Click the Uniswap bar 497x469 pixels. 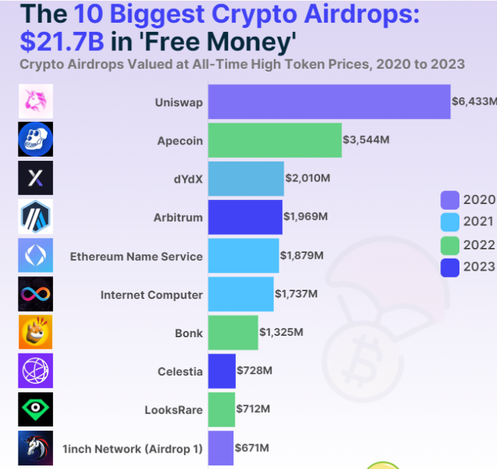click(329, 102)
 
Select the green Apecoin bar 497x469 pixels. click(274, 140)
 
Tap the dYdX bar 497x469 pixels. click(245, 179)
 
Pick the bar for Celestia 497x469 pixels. click(222, 371)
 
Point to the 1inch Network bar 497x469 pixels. click(220, 448)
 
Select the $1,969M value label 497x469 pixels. click(305, 217)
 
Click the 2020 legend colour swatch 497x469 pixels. click(450, 200)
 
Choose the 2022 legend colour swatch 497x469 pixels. click(450, 245)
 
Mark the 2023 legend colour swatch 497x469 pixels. click(450, 267)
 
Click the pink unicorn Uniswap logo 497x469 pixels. click(35, 101)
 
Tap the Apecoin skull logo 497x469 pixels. click(35, 140)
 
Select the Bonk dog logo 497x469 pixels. click(35, 332)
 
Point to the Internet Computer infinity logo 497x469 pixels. click(35, 294)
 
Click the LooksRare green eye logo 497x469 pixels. click(35, 409)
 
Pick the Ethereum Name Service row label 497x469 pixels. click(136, 256)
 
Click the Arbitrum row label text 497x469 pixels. click(178, 217)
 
